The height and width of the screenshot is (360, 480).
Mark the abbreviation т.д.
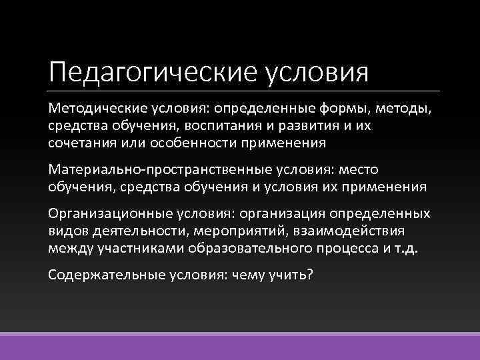413,248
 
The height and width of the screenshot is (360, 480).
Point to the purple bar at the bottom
240,347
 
